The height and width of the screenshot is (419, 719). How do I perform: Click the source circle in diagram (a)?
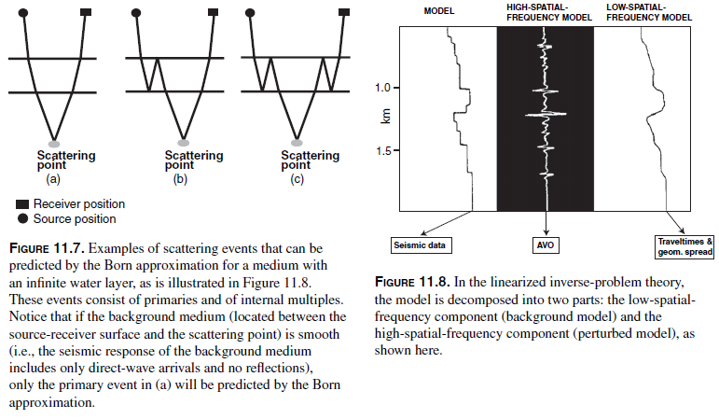click(23, 12)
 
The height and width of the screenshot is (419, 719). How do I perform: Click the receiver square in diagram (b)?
click(213, 12)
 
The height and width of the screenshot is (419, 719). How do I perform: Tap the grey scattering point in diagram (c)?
click(297, 142)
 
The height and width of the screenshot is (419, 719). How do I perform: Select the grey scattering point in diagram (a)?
click(54, 143)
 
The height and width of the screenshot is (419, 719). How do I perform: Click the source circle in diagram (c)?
click(250, 12)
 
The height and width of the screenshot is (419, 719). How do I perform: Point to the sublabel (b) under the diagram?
click(180, 179)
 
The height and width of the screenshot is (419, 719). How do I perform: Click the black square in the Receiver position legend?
click(22, 203)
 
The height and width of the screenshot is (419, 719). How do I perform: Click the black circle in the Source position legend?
click(23, 218)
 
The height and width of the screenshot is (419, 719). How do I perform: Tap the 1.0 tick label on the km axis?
click(383, 88)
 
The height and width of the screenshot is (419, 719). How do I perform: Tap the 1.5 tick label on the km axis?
click(384, 150)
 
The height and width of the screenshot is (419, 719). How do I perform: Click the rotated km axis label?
click(386, 116)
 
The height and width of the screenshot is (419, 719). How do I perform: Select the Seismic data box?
click(420, 245)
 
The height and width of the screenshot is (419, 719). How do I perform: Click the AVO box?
click(546, 245)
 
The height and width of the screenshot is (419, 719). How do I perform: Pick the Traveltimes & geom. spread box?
click(685, 246)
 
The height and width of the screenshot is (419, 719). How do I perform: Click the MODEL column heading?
click(439, 11)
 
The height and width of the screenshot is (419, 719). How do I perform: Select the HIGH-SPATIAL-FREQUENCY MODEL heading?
click(549, 12)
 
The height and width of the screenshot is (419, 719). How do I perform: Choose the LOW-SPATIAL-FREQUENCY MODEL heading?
click(649, 12)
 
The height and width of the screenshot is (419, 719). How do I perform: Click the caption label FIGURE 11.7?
click(47, 248)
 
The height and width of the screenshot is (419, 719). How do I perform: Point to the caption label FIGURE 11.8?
click(412, 282)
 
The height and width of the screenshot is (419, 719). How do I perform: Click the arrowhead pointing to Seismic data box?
click(422, 233)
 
